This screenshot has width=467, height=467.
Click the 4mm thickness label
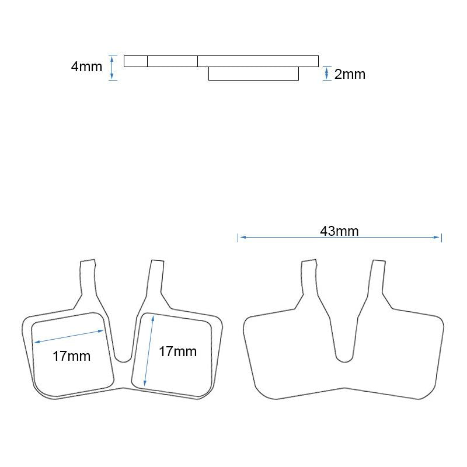tap(86, 67)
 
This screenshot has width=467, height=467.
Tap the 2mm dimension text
tap(350, 74)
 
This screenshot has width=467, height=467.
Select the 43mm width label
tap(339, 231)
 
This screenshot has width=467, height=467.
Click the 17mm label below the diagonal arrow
tap(71, 355)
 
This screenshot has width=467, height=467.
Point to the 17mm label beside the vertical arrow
tap(177, 351)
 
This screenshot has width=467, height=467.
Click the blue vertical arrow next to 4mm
tap(113, 67)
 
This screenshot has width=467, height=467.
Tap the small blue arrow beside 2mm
tap(326, 74)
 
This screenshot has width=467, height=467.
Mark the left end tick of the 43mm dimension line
tap(238, 237)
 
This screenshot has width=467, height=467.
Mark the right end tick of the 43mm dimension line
tap(441, 237)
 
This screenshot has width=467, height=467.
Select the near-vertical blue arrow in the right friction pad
tap(149, 350)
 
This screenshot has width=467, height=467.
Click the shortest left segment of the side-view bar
tap(135, 61)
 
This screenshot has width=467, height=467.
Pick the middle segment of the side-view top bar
tap(172, 61)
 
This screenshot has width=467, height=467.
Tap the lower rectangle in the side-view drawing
tap(253, 74)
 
